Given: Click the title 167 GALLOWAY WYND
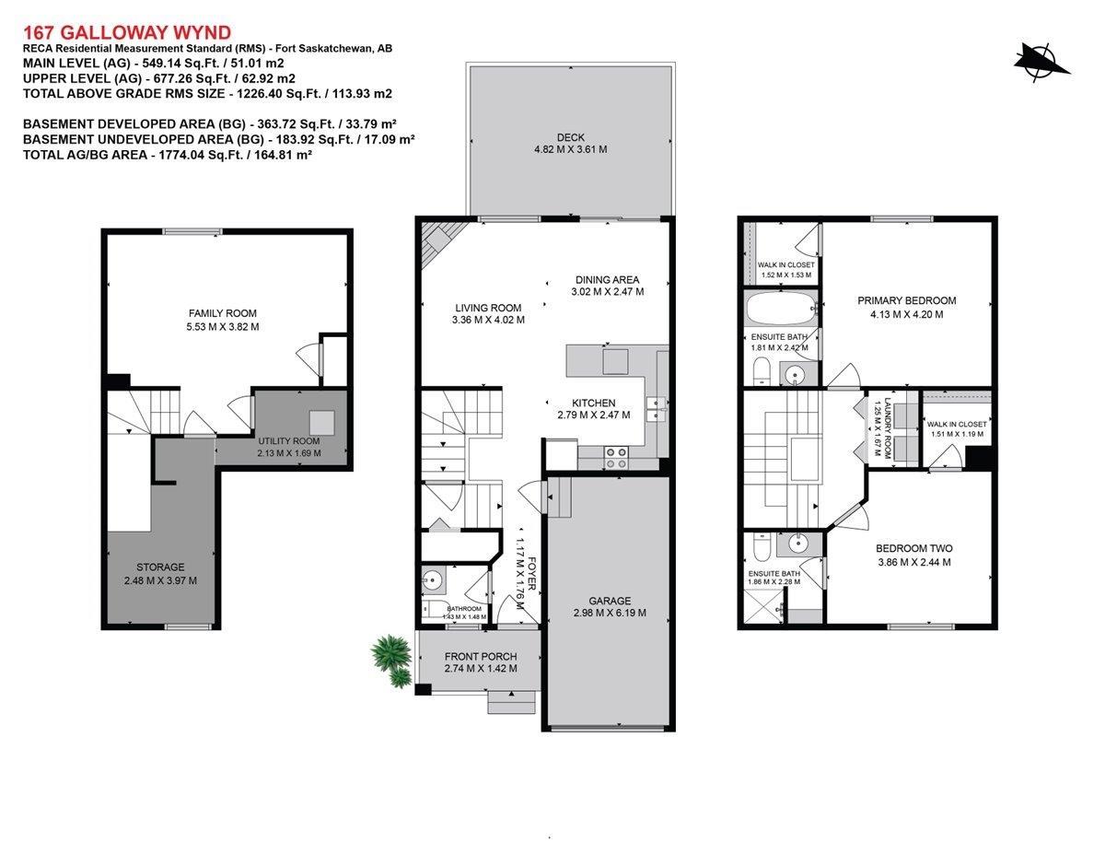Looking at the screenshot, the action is [x=127, y=33].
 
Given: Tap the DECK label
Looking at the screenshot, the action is [x=571, y=137].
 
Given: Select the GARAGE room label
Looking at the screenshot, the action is [x=610, y=601].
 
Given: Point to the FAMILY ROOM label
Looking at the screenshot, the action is [x=222, y=313].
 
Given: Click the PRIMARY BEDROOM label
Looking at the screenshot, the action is [x=907, y=300].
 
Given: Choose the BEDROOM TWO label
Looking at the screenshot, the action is [x=913, y=548].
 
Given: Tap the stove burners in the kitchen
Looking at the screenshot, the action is [x=616, y=458].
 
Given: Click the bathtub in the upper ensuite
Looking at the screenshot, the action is [x=781, y=308].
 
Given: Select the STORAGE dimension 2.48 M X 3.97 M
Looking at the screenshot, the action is [x=160, y=580].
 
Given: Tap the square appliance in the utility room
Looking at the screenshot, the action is [x=322, y=423].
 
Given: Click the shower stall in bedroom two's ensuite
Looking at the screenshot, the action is [x=763, y=605].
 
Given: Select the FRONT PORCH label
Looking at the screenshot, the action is [x=481, y=657].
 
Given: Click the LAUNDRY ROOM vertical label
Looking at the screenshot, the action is [x=888, y=428].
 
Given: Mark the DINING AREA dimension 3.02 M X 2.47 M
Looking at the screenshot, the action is [x=607, y=292].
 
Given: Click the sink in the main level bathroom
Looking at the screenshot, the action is [x=433, y=579].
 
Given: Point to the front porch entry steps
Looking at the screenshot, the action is [x=512, y=702].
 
